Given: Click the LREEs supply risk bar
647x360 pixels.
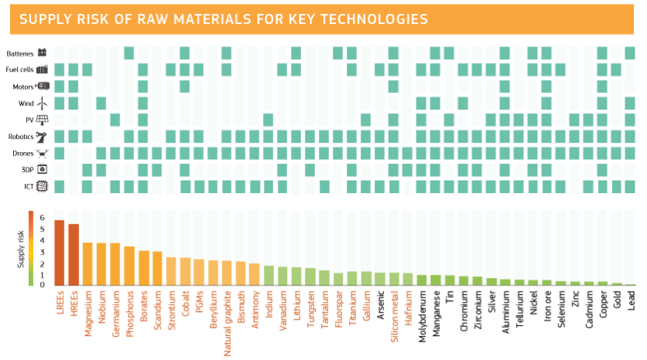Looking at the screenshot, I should point(59,253).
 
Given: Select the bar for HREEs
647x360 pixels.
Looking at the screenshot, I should point(74,254).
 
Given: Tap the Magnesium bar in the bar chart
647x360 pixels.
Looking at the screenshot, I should point(88,264).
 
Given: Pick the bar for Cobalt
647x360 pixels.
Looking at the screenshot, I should point(185,271).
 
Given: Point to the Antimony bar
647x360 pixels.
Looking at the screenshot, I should point(254,274).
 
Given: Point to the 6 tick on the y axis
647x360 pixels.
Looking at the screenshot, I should point(42,218).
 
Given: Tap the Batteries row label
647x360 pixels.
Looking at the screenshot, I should point(19,54).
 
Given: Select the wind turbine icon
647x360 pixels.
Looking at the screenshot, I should point(43,102).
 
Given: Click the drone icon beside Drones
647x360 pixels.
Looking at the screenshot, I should point(43,153).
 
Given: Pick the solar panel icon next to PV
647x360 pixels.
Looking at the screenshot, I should point(43,119).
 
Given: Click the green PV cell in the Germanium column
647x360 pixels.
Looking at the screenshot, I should point(115,119).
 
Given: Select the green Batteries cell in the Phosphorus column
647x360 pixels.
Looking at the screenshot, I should point(129,53).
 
